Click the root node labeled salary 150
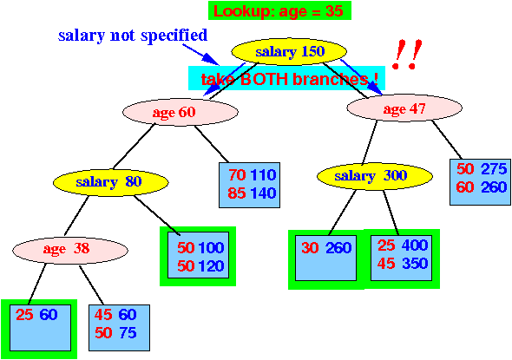289,51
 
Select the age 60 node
181,112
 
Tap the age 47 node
404,108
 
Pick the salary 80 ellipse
111,182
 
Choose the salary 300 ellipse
375,176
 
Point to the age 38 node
70,250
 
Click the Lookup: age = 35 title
279,10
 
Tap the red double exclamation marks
407,54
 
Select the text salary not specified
133,36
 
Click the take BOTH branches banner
286,78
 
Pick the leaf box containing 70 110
249,185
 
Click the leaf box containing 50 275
480,182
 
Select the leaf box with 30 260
326,259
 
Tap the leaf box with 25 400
401,258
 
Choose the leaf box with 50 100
198,255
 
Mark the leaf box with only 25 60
40,328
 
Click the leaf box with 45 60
119,328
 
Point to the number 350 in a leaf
415,264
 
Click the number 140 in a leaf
263,193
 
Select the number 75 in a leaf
128,333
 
